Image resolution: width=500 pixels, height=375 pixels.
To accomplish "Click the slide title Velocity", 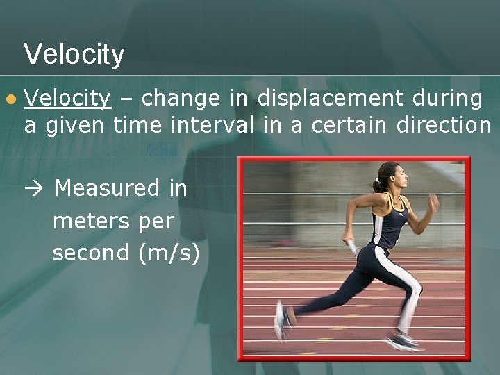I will [x=74, y=54].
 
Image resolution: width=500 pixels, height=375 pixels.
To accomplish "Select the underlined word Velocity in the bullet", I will [x=67, y=99].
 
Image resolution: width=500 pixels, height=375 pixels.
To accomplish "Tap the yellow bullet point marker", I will [x=9, y=100].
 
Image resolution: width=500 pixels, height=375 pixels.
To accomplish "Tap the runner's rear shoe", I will [x=281, y=321].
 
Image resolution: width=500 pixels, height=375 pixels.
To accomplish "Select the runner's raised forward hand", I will [x=433, y=203].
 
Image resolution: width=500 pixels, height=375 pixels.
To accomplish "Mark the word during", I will [x=444, y=99].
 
